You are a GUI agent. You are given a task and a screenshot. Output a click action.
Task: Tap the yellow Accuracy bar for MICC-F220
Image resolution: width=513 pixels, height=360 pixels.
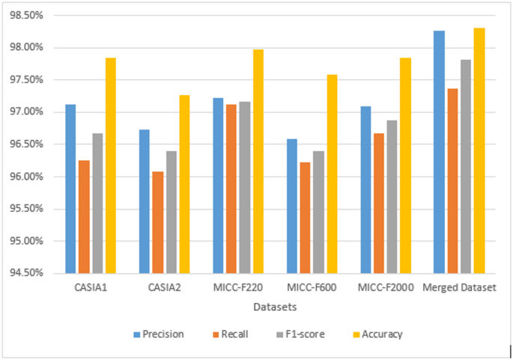tap(258, 161)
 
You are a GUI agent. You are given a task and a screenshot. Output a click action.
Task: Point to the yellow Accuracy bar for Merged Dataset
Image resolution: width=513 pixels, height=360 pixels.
tap(479, 150)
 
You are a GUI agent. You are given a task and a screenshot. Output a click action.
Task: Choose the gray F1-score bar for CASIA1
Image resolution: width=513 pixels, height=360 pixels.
tap(97, 203)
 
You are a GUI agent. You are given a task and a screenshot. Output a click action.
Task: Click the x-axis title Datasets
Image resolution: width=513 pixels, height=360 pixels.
tap(275, 307)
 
